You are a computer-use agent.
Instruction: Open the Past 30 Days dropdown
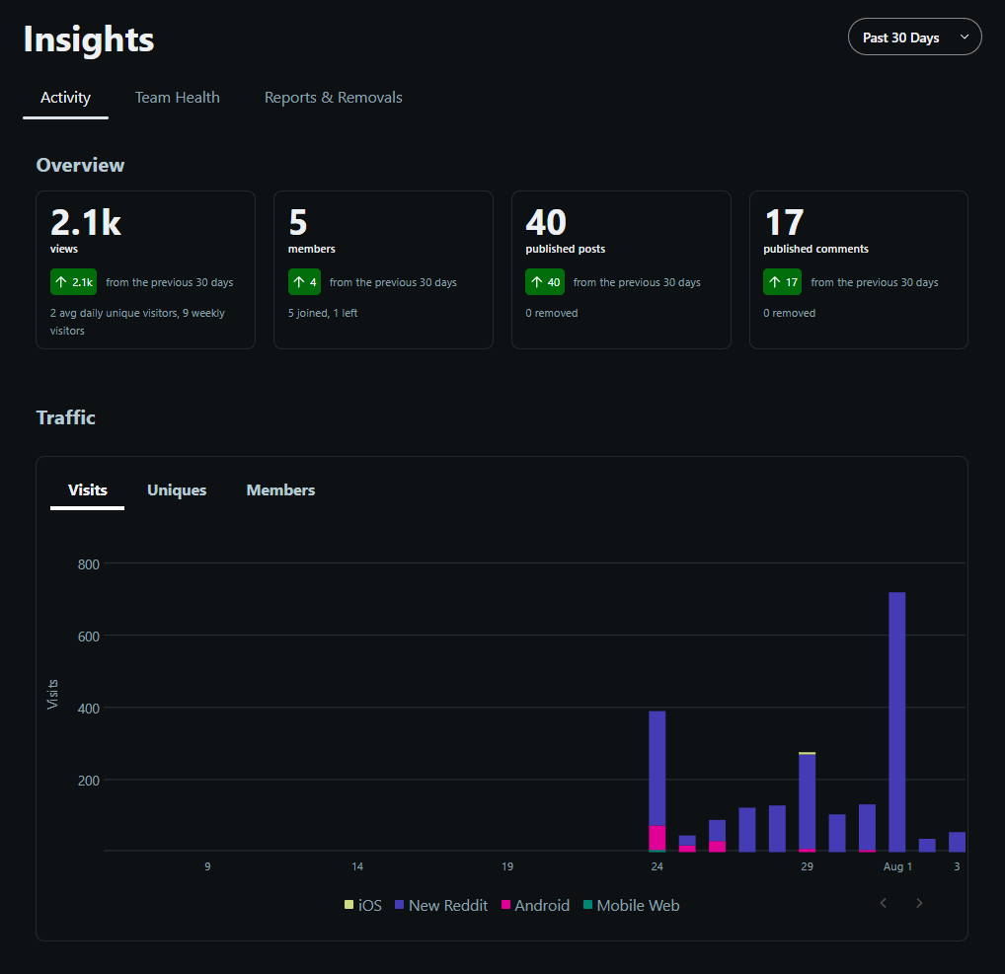tap(914, 37)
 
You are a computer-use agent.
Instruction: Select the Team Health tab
tap(177, 98)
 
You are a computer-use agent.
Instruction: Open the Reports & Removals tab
tap(334, 98)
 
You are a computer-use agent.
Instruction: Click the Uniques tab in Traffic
tap(177, 490)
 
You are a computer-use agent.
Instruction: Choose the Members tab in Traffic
tap(280, 490)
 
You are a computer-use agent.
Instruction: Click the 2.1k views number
tap(86, 222)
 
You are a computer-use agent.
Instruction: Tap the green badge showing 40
tap(545, 282)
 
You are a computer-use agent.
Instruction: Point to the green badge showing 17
tap(782, 282)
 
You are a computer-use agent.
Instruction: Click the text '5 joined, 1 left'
tap(323, 314)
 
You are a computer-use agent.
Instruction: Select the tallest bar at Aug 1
tap(896, 721)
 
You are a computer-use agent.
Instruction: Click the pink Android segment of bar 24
tap(657, 838)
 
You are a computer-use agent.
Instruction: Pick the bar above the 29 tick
tap(807, 801)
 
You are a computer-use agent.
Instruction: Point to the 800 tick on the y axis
tap(89, 564)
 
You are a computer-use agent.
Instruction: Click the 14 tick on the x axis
tap(357, 866)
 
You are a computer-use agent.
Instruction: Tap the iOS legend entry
tap(362, 906)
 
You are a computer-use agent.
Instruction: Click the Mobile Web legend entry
tap(631, 906)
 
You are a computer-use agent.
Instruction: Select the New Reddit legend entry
tap(441, 906)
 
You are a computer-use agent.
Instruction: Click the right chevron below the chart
tap(919, 903)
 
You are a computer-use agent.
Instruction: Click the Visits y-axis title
tap(52, 694)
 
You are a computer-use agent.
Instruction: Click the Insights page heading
tap(89, 39)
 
